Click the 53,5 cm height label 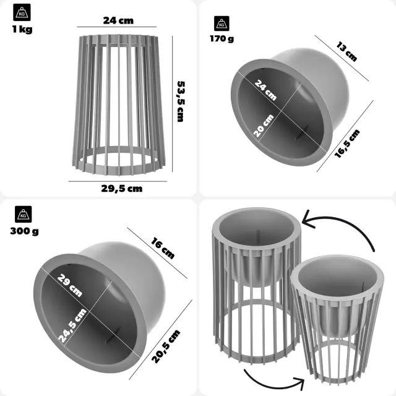pos(180,101)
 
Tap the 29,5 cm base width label pos(122,189)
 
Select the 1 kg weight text pos(22,29)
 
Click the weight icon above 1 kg pos(22,12)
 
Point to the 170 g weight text pos(222,38)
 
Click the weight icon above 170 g pos(222,24)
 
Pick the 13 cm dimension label pos(346,51)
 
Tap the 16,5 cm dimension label pos(347,144)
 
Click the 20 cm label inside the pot pos(264,126)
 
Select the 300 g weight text pos(25,231)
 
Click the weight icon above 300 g pos(24,214)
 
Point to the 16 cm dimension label pos(163,248)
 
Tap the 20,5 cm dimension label pos(166,346)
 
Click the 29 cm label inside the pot pos(70,285)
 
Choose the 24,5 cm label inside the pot pos(72,325)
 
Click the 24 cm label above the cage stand pos(118,20)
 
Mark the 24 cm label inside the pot pos(265,90)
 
